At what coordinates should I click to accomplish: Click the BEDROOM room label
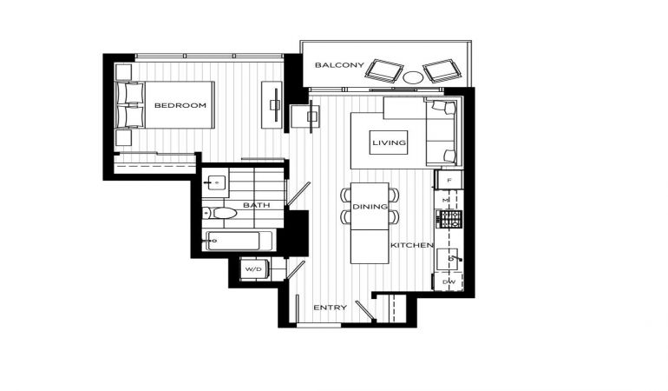(x=180, y=105)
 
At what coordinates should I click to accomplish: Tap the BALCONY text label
(x=339, y=65)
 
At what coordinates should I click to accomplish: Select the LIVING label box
(x=389, y=142)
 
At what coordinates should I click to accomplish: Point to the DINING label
(x=370, y=207)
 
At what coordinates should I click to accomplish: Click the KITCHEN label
(x=412, y=245)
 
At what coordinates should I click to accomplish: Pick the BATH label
(x=257, y=205)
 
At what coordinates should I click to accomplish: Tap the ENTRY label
(x=331, y=308)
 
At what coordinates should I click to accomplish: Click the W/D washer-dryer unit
(x=254, y=268)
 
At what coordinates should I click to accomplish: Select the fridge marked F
(x=449, y=180)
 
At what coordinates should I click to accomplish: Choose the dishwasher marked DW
(x=449, y=282)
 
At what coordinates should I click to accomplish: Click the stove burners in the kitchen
(x=449, y=219)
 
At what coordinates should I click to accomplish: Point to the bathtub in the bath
(x=239, y=241)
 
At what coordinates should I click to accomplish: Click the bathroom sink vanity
(x=215, y=182)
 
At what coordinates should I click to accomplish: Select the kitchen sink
(x=449, y=259)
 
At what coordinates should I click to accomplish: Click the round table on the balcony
(x=413, y=77)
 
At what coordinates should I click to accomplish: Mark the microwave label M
(x=446, y=200)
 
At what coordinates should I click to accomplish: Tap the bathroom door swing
(x=298, y=194)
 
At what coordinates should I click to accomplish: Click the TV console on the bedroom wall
(x=272, y=104)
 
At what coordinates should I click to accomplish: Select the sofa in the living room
(x=443, y=131)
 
